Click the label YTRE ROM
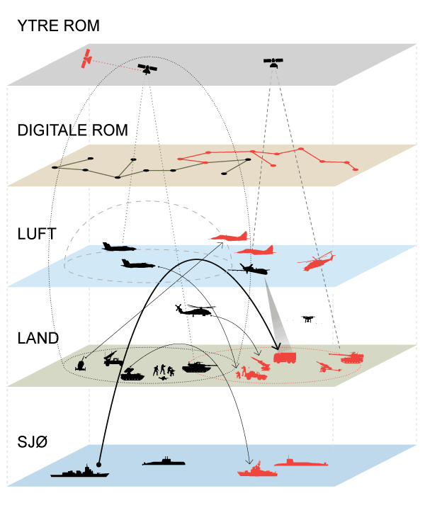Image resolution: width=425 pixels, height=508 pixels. [x=58, y=27]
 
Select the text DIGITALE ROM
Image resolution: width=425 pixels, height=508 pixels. [x=72, y=130]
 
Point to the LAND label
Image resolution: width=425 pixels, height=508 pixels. [x=38, y=337]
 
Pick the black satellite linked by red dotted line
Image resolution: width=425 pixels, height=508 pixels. [x=147, y=69]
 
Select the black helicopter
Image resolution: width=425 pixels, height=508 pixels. [x=194, y=310]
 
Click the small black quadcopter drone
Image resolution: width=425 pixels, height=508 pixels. [x=307, y=320]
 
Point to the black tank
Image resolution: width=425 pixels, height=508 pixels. [x=198, y=366]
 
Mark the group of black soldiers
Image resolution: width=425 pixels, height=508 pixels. [x=164, y=372]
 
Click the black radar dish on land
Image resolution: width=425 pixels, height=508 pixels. [x=81, y=364]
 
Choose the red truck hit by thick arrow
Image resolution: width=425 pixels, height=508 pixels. [x=284, y=356]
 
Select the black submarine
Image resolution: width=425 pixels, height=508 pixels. [x=164, y=461]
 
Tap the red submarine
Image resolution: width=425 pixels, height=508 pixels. [x=300, y=462]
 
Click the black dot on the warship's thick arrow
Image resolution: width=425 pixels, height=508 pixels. [x=100, y=465]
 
